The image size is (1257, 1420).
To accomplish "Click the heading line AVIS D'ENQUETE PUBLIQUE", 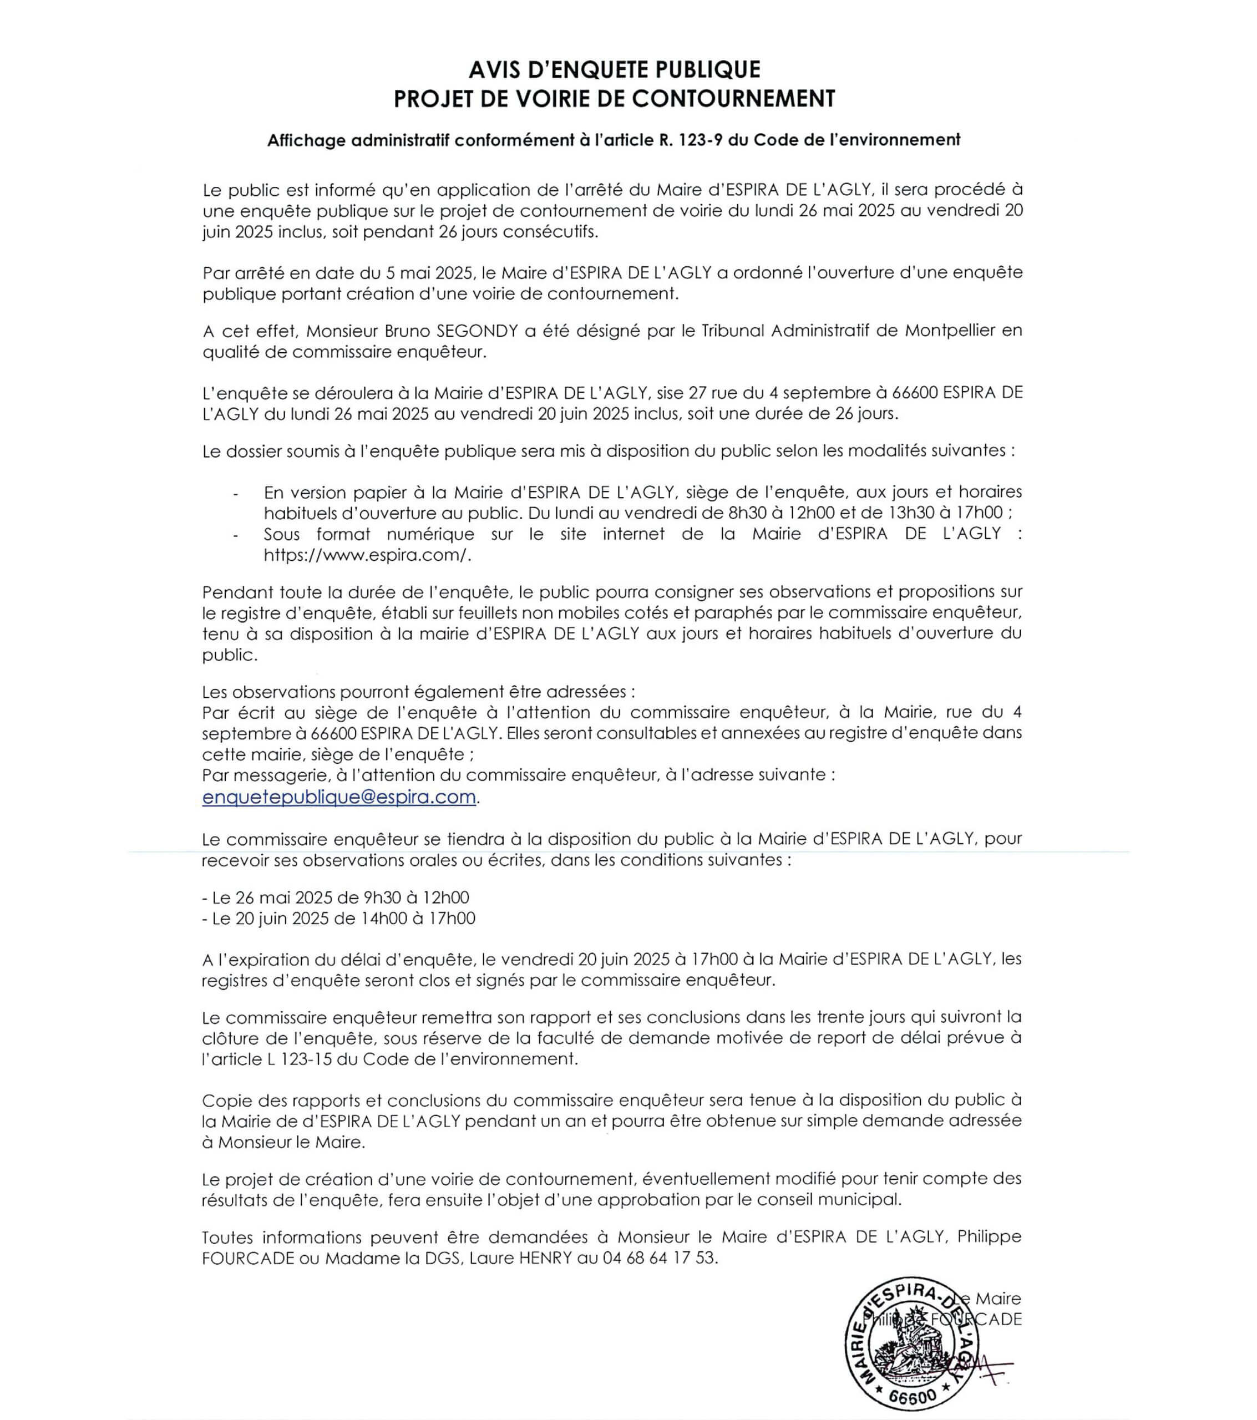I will coord(614,69).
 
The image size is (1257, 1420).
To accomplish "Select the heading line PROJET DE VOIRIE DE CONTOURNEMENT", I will coord(614,99).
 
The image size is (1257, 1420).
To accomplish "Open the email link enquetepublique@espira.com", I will coord(339,797).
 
